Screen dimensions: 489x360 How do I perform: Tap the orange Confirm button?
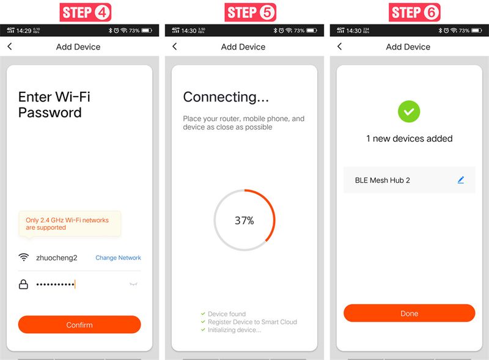[79, 325]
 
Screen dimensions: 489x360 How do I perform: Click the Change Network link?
[118, 258]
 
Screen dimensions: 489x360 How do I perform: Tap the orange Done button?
[409, 313]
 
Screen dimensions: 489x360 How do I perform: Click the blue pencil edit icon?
[461, 180]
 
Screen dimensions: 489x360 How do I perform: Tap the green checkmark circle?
[409, 111]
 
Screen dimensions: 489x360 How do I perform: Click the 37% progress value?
[244, 221]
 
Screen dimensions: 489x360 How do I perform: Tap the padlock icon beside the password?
[23, 284]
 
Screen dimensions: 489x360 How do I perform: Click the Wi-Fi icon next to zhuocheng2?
[24, 257]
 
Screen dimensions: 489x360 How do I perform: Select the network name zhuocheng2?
[56, 258]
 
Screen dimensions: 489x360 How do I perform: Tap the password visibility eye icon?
[133, 284]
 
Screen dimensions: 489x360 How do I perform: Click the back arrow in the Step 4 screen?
[10, 46]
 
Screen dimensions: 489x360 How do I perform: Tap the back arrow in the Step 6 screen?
[340, 46]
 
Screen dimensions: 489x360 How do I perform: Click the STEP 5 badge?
[250, 12]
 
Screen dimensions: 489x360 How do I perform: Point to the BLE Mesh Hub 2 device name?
[383, 180]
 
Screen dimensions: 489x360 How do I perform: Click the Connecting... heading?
[226, 97]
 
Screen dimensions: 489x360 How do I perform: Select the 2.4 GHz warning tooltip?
[70, 224]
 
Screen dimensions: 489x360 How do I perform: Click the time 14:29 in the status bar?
[24, 31]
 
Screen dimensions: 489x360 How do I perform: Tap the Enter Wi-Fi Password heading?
[54, 105]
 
